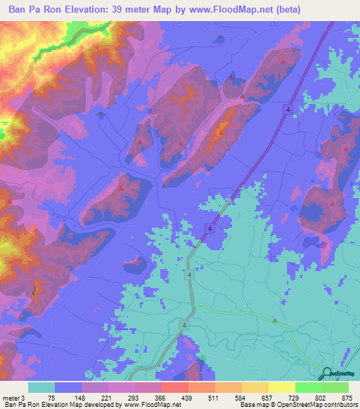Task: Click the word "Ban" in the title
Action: click(20, 10)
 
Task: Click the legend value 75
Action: click(53, 397)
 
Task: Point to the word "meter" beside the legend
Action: click(9, 397)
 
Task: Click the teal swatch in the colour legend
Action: click(41, 387)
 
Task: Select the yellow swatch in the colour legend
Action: click(282, 387)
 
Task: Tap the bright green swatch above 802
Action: click(309, 387)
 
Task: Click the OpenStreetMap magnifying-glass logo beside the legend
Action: click(327, 375)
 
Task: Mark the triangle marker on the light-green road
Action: click(276, 320)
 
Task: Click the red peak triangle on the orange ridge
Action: click(219, 131)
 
